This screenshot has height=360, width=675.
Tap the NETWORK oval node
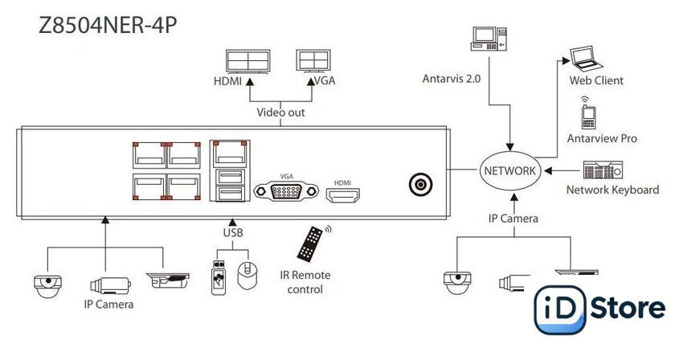(509, 170)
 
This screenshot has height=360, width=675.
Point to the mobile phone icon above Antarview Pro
(587, 115)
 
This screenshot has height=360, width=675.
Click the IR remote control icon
(313, 243)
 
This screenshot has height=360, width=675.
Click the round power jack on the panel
(419, 185)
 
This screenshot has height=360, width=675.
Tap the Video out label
(280, 112)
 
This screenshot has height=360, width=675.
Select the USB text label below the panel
(232, 233)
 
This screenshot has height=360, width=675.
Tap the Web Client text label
(596, 80)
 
